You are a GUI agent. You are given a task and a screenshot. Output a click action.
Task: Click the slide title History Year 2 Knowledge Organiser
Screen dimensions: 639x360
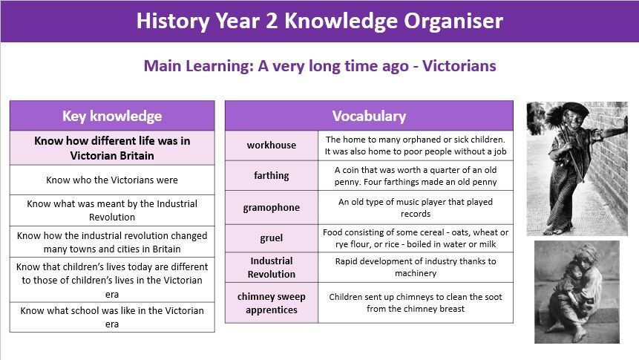[319, 21]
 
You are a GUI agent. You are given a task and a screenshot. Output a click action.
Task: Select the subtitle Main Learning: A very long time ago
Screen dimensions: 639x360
[276, 66]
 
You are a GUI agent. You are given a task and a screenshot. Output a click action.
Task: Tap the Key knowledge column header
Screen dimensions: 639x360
[112, 116]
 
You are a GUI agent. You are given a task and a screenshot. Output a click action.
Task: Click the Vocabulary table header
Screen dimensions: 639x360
[369, 116]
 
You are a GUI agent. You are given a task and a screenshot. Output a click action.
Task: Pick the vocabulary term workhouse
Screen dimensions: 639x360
[272, 145]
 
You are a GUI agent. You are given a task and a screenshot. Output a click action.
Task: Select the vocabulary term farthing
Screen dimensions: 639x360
[272, 176]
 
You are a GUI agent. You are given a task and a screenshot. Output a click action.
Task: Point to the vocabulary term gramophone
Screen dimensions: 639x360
[272, 208]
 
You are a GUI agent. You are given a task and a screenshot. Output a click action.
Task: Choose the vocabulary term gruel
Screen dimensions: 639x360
[272, 238]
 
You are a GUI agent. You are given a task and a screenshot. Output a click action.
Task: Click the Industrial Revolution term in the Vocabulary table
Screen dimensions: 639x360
[272, 267]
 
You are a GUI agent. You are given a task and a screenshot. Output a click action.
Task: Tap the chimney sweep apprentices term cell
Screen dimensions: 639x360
[272, 303]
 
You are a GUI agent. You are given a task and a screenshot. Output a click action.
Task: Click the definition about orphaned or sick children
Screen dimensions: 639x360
[416, 145]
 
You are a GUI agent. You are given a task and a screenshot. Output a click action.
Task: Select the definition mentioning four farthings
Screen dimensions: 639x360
[416, 176]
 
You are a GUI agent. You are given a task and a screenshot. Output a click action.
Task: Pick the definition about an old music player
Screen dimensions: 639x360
[416, 208]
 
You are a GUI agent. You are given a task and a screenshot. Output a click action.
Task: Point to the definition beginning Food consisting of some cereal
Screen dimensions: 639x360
[416, 238]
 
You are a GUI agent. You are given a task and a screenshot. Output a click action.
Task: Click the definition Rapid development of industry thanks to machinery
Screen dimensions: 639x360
[416, 267]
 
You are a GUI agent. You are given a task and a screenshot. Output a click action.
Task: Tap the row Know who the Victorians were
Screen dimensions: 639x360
[112, 180]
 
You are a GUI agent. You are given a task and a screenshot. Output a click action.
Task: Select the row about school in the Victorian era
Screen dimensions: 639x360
[112, 317]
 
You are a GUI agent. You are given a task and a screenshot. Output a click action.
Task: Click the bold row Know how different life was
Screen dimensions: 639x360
[112, 148]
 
